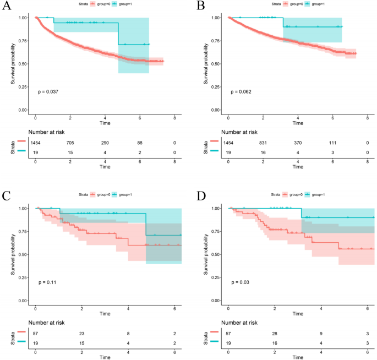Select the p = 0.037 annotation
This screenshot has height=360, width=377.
pos(49,91)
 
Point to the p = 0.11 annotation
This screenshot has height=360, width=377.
pos(47,282)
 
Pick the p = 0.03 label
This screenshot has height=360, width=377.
pos(241,282)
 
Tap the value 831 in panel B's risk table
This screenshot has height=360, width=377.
pos(263,143)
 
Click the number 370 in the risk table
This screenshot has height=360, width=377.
pos(298,143)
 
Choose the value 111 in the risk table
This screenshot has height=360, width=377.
pos(332,143)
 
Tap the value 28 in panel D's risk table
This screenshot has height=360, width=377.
pos(275,333)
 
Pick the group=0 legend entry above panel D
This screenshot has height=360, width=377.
pos(294,194)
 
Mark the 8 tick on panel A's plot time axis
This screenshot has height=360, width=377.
pos(174,118)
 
